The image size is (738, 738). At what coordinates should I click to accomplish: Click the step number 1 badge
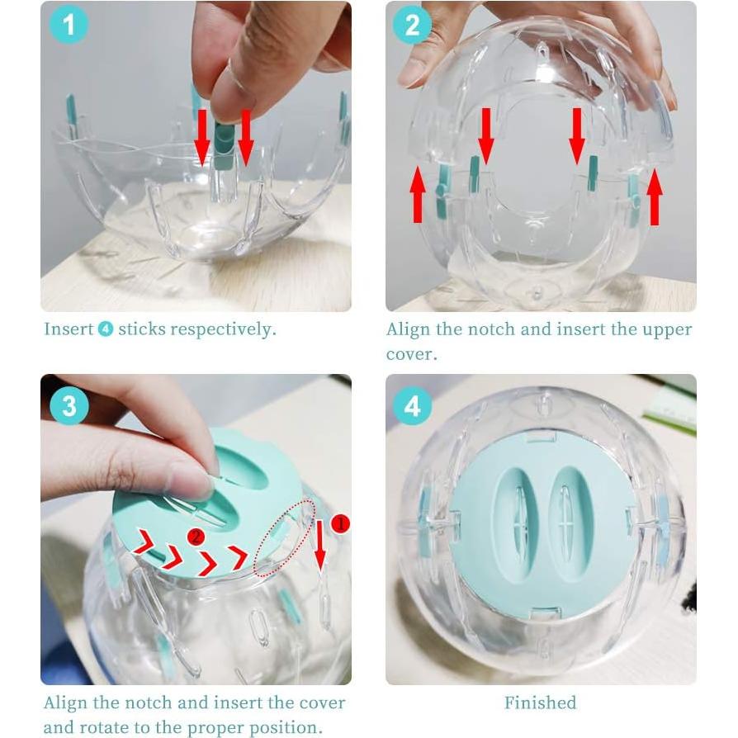point(69,26)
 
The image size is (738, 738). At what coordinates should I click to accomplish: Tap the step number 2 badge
point(411,26)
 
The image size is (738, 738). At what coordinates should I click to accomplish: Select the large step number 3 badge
point(69,406)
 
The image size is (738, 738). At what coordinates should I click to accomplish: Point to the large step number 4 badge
point(411,406)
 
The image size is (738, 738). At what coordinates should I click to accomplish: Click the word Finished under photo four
point(540,703)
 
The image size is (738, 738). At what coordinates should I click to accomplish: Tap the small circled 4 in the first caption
point(106,329)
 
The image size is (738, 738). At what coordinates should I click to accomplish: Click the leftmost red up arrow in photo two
point(418,194)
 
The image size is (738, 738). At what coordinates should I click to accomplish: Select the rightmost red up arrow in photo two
point(655,196)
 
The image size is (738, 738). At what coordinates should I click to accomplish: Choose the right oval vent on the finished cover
point(568,513)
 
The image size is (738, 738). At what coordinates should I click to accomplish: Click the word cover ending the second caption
point(409,354)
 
